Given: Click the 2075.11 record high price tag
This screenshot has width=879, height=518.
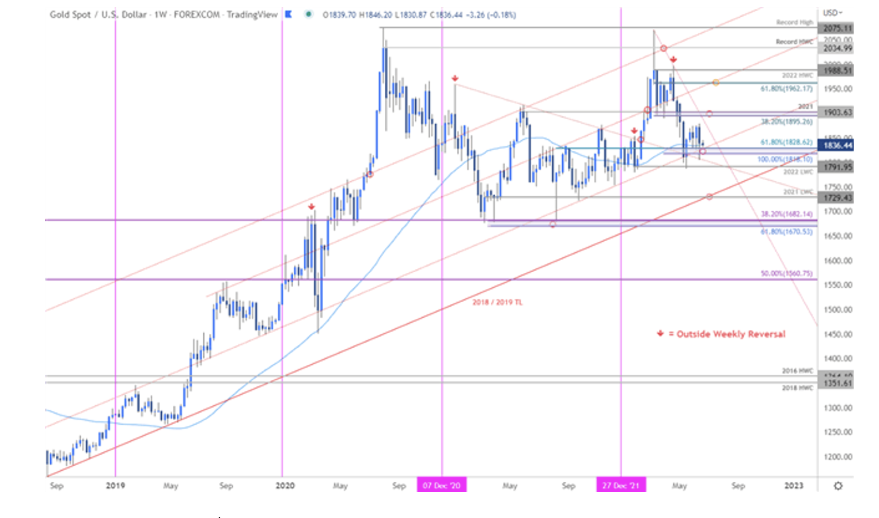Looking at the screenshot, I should tap(837, 28).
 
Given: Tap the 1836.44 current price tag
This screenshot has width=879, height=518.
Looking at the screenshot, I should tap(837, 146).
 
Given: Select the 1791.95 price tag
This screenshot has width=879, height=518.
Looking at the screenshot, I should tap(837, 167).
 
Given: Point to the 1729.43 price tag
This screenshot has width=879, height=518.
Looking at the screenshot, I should tap(837, 197).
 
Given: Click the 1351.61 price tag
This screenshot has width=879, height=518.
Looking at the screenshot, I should tap(837, 383).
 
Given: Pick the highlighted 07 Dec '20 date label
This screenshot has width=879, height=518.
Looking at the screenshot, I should tap(442, 485).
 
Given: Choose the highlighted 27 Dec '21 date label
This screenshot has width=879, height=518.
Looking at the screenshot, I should tap(621, 485).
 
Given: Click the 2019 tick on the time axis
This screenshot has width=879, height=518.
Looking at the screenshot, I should tap(115, 486).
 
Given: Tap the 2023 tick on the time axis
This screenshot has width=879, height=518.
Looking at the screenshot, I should tap(794, 486).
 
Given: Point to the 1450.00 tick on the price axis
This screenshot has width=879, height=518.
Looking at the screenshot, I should tap(838, 334).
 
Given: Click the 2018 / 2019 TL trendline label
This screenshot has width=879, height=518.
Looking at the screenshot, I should tap(497, 302).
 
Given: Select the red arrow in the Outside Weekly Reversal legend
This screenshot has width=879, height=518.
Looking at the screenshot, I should tap(660, 333).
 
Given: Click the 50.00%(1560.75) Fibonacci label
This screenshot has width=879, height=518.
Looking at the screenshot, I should tap(786, 273).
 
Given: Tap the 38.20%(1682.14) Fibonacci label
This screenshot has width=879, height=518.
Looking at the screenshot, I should tap(786, 214).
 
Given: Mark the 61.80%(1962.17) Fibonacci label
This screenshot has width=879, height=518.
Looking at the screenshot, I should tap(786, 89).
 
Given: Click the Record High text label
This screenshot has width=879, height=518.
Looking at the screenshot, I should tap(794, 22).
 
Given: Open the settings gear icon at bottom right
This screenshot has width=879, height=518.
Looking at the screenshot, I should tap(838, 486).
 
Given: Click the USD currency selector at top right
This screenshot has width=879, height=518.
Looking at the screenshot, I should tap(832, 13).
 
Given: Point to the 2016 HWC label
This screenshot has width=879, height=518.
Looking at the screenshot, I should tap(797, 371).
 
